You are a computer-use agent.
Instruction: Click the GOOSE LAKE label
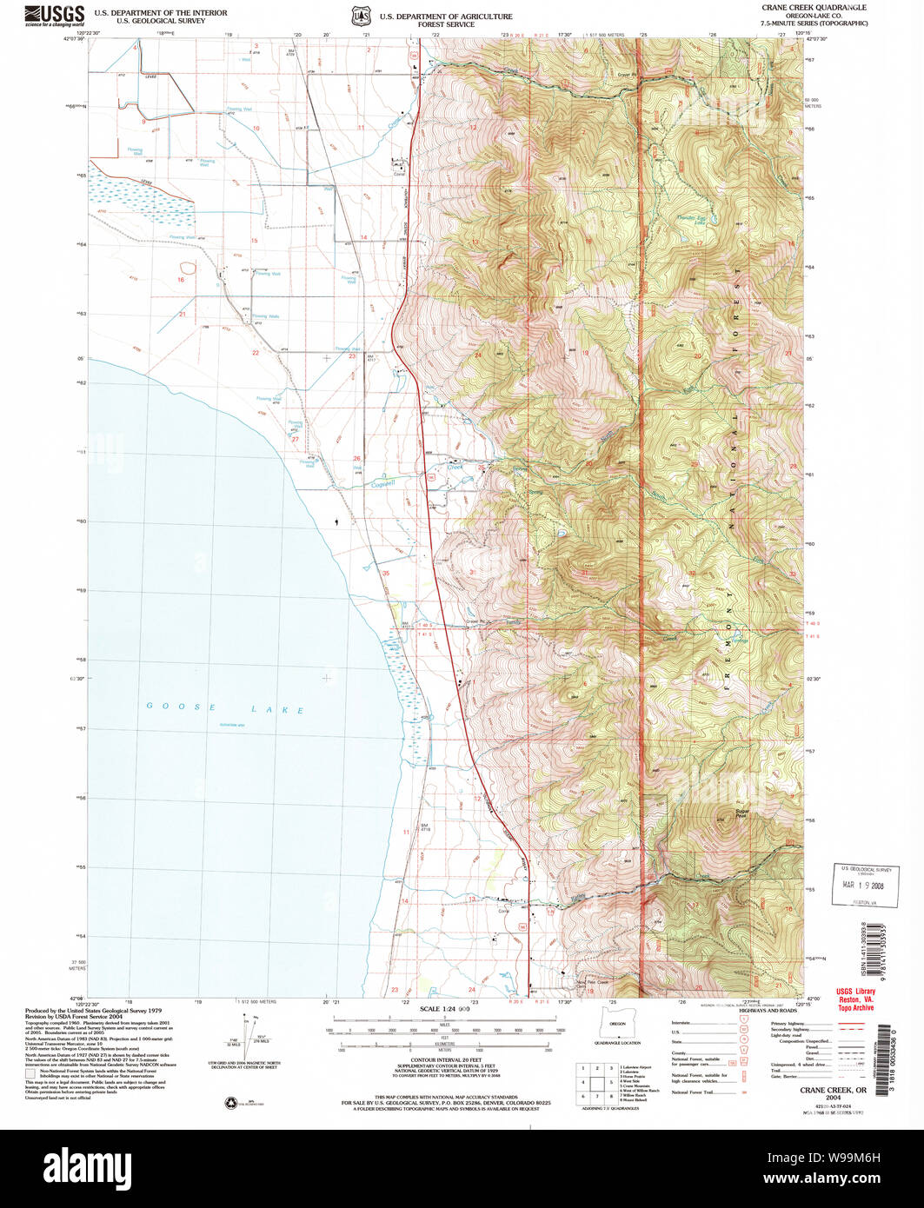tap(225, 709)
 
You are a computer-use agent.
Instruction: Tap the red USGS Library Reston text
tap(854, 999)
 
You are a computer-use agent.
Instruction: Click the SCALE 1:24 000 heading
tap(444, 1008)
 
